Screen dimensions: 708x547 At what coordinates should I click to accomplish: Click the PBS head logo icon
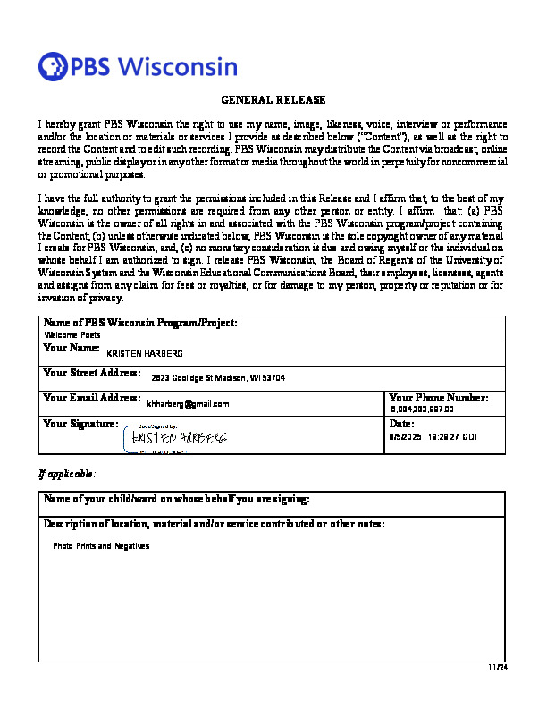click(54, 66)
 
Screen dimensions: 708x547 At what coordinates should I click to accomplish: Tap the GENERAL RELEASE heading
click(273, 100)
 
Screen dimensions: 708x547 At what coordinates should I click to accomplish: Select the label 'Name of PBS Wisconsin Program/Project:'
click(140, 323)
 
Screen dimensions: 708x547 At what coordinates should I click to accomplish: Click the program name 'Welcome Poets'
click(73, 334)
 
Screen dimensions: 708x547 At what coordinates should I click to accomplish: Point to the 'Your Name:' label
click(72, 347)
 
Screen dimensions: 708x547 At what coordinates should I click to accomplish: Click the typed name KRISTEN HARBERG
click(144, 354)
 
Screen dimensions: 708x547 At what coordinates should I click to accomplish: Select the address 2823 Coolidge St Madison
click(218, 378)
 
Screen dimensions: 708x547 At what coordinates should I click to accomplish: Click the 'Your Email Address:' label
click(92, 397)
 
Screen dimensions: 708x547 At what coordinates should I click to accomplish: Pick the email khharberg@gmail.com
click(189, 404)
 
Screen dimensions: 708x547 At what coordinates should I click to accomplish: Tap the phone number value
click(423, 409)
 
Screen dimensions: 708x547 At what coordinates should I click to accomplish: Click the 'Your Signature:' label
click(80, 423)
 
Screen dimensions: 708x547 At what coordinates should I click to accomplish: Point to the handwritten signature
click(180, 438)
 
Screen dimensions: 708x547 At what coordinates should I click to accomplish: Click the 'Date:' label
click(402, 423)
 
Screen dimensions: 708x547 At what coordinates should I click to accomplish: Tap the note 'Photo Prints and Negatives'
click(101, 545)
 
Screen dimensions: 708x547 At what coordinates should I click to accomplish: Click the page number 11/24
click(498, 668)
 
